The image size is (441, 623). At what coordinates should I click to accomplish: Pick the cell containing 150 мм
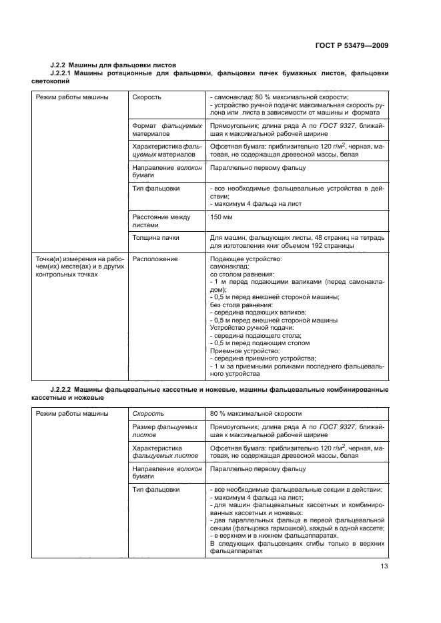[220, 217]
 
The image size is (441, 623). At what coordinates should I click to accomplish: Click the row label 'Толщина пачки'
[155, 238]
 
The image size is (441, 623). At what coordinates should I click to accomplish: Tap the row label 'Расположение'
[155, 259]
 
